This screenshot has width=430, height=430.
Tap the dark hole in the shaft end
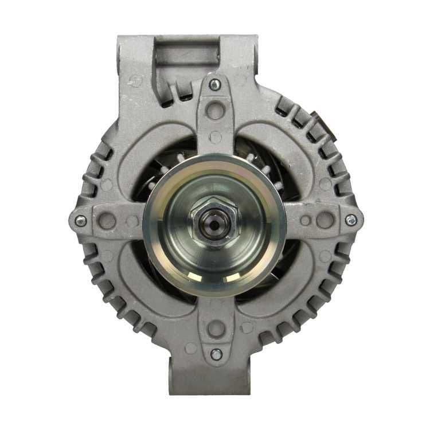tap(214, 224)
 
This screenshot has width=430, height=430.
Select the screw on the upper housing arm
tap(214, 85)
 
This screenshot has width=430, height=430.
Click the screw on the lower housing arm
tap(216, 354)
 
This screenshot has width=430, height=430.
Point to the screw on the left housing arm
tap(81, 220)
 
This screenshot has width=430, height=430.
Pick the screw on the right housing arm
tap(350, 220)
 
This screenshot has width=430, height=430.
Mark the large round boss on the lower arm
tap(216, 329)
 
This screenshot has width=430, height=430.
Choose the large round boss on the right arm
tap(325, 220)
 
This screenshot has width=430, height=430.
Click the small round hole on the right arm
tap(306, 220)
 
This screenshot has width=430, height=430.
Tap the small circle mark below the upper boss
tap(216, 137)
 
